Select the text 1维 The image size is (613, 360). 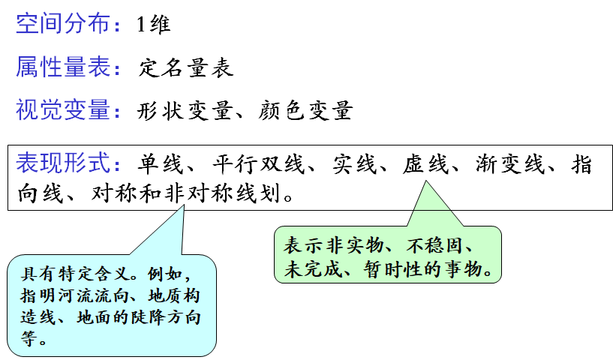(x=154, y=25)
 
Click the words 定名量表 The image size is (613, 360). (x=185, y=69)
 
